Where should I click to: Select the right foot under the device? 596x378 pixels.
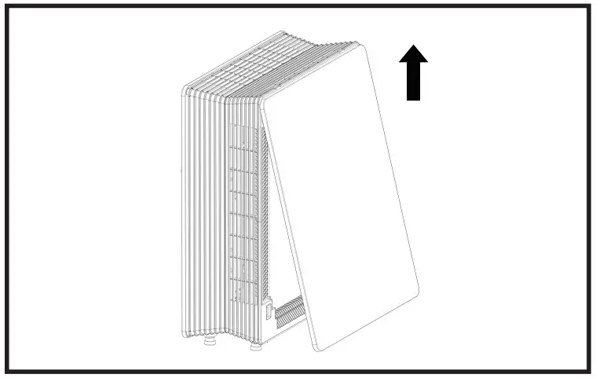tap(257, 344)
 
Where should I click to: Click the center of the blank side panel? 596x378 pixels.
tap(339, 196)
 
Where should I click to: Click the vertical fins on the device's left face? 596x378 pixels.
tap(204, 212)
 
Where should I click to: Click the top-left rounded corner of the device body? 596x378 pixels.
tap(186, 89)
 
